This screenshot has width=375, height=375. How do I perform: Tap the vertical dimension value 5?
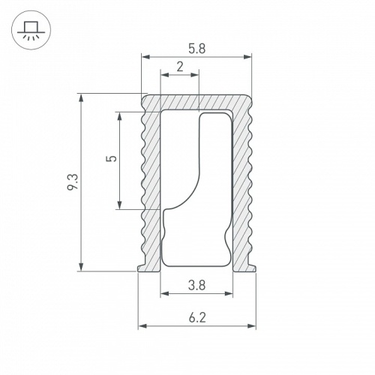click(x=111, y=160)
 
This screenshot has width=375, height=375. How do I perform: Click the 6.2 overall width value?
click(x=197, y=317)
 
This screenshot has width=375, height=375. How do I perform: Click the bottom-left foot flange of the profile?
click(x=144, y=265)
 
